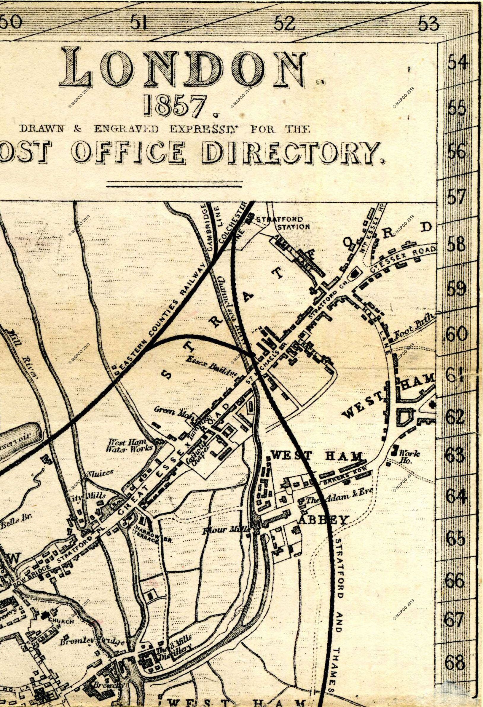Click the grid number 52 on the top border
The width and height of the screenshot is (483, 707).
pyautogui.click(x=285, y=23)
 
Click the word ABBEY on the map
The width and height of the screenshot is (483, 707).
pyautogui.click(x=323, y=520)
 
